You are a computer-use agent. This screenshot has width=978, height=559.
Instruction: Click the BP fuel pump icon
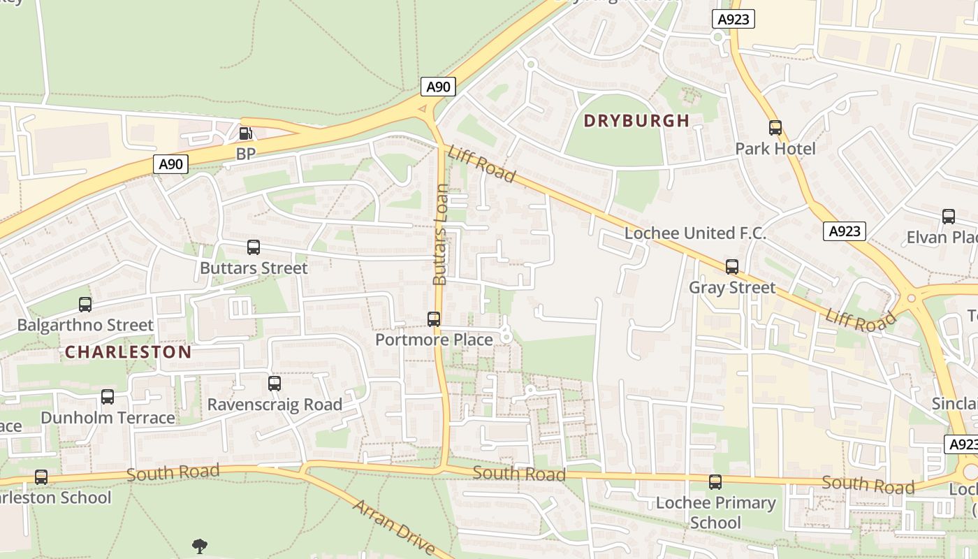click(x=246, y=133)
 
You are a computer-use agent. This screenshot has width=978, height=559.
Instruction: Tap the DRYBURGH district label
click(x=636, y=121)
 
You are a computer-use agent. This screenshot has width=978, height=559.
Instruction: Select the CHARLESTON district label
click(x=128, y=352)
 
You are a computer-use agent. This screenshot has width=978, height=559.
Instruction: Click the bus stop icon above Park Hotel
click(x=775, y=128)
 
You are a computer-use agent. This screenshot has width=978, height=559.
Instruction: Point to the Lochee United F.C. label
click(x=695, y=233)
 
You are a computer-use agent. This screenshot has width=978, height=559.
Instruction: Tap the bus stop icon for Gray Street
click(x=731, y=267)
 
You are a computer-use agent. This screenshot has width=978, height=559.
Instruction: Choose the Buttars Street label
click(x=254, y=268)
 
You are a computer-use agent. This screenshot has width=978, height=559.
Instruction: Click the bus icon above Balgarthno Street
click(x=85, y=305)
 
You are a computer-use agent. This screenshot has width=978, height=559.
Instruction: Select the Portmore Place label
click(x=434, y=340)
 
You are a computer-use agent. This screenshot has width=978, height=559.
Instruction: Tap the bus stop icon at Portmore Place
click(x=434, y=319)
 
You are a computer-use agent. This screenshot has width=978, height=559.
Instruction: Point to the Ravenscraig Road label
click(x=275, y=405)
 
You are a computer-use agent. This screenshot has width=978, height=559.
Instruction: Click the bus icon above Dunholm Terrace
click(x=108, y=397)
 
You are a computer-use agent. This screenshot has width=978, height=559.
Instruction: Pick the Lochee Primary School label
click(x=715, y=512)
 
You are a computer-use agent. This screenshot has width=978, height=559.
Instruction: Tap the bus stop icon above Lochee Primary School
click(x=715, y=482)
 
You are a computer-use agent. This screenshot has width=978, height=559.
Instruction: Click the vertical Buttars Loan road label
click(x=440, y=235)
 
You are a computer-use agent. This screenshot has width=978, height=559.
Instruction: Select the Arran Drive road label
click(x=393, y=528)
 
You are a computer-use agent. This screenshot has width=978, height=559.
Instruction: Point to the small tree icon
click(x=200, y=546)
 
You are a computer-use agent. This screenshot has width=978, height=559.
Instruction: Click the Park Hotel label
click(x=775, y=149)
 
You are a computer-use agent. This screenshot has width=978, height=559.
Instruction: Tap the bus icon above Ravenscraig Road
click(x=275, y=384)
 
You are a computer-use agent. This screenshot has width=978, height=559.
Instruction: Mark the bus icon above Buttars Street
click(x=254, y=247)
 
